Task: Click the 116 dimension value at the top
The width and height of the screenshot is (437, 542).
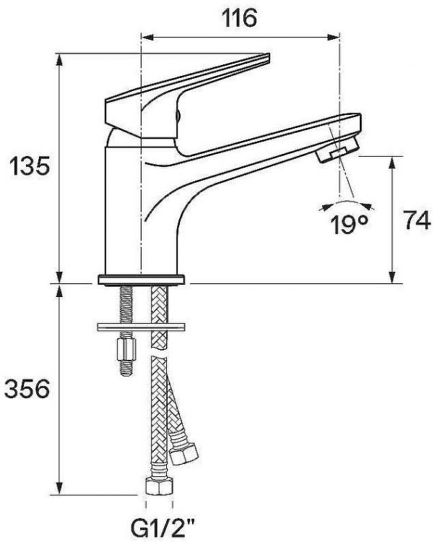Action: coord(239,18)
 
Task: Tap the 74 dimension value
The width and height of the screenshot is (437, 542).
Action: coord(417,222)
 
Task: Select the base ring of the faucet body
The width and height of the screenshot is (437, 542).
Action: coord(142,279)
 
